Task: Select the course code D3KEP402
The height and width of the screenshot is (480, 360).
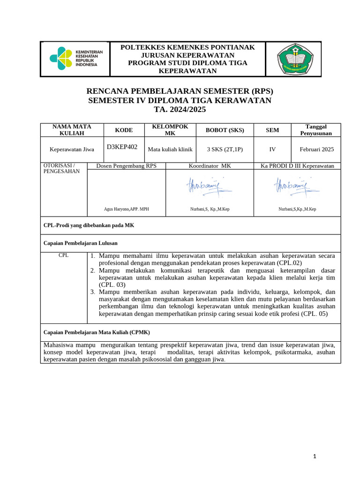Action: [x=122, y=147]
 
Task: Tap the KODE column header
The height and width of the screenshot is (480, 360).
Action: [x=124, y=130]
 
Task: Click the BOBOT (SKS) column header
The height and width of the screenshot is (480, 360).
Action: [x=225, y=130]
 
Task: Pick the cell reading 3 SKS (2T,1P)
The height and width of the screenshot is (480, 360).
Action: [x=225, y=150]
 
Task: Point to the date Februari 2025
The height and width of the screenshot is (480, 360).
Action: [x=317, y=150]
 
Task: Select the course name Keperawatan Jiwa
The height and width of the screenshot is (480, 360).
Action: [x=72, y=150]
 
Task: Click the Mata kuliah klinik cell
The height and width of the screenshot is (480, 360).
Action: [x=170, y=150]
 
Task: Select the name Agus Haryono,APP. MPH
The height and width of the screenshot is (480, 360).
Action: [x=126, y=209]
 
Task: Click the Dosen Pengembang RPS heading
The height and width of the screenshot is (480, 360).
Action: [x=126, y=166]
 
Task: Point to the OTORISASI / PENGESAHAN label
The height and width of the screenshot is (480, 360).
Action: [x=61, y=168]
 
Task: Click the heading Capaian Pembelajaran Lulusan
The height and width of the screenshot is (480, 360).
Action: [x=80, y=243]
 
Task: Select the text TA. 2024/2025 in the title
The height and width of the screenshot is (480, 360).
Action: [x=180, y=110]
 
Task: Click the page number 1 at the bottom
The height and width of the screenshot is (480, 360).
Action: [x=315, y=457]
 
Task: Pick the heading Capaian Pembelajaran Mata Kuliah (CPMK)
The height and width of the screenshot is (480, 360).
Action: [x=97, y=332]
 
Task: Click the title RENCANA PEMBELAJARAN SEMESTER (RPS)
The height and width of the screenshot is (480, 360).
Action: [x=180, y=91]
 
